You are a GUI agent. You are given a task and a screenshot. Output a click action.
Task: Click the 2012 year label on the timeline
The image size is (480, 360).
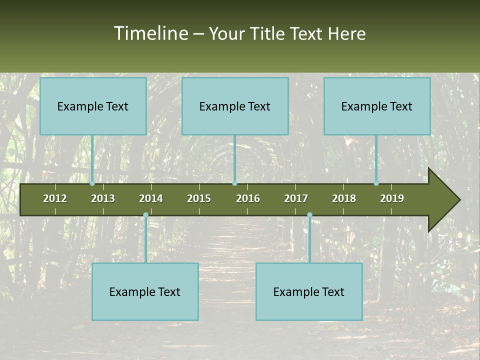pos(55,198)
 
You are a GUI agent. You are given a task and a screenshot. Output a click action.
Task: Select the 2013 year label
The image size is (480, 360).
pos(103,198)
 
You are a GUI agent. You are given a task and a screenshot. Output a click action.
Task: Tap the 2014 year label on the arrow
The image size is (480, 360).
pos(151,198)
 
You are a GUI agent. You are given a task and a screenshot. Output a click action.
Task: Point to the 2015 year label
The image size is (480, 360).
pos(199,198)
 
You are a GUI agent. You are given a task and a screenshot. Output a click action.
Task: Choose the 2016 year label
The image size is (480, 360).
pos(248,198)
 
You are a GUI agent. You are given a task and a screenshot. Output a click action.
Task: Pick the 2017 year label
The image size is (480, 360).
pos(296,198)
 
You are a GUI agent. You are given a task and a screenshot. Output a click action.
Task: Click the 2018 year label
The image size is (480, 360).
pos(344,198)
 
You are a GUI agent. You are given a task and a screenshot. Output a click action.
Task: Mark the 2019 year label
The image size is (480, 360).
pos(392,198)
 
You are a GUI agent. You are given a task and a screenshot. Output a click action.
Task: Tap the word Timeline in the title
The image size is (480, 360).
pos(150,33)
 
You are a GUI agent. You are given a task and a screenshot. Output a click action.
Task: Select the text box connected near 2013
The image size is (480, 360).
pos(93,106)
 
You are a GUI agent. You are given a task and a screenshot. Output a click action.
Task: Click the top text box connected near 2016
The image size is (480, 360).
pos(235,106)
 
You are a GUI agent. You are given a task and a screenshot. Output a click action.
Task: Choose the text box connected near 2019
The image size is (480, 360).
pos(377,106)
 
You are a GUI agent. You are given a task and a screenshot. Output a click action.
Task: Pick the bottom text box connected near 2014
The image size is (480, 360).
pos(145,291)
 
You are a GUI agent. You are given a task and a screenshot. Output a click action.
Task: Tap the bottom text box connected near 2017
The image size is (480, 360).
pos(309,291)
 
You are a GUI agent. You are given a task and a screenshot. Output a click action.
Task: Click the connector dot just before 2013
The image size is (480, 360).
pos(92,183)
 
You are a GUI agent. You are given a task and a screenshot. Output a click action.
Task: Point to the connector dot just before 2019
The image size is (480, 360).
pos(376,183)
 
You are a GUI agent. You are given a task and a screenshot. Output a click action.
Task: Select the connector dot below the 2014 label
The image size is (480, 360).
pos(145,215)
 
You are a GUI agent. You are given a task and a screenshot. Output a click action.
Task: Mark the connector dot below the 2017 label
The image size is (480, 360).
pos(309,215)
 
